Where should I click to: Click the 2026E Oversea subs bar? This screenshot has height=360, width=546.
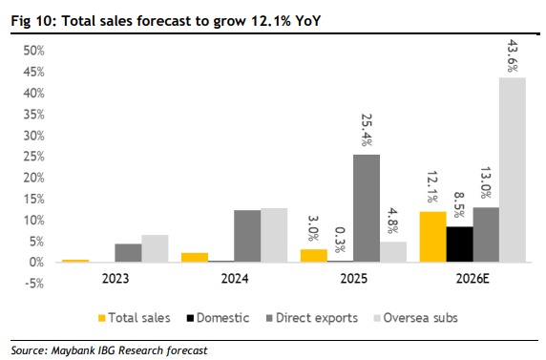(513, 170)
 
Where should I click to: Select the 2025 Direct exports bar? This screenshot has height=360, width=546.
(367, 208)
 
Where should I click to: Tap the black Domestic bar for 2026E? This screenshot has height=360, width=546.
(460, 244)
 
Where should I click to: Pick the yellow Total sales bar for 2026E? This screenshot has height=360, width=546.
(433, 237)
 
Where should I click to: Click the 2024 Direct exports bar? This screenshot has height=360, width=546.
(247, 236)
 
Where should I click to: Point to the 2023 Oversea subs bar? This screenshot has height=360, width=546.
(155, 248)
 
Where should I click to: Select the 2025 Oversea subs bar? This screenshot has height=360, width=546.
(393, 252)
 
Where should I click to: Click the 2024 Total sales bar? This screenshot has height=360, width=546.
(195, 258)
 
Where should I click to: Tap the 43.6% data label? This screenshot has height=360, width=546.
(513, 55)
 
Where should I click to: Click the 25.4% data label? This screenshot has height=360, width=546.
(367, 130)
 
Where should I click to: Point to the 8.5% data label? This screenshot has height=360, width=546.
(460, 204)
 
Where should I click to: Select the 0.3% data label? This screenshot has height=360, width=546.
(340, 240)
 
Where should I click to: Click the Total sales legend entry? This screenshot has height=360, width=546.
(135, 318)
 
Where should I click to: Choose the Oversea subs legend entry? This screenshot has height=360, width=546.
(416, 318)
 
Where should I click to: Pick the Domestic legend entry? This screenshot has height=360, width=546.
(218, 318)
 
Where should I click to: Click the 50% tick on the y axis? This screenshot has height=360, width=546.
(33, 51)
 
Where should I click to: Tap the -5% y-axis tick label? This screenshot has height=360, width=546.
(34, 284)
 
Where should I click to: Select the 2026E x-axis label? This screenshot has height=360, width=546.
(472, 279)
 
